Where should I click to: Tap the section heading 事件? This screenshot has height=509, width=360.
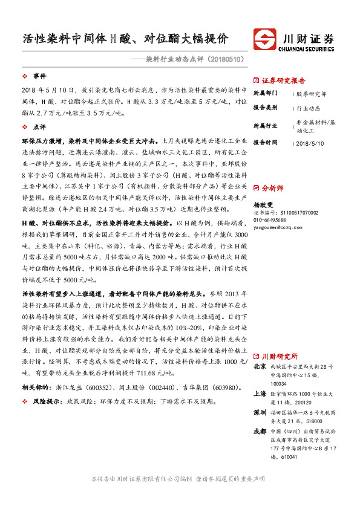click(x=40, y=76)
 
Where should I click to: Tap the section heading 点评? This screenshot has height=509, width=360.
click(x=40, y=128)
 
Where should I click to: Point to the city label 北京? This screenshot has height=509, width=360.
click(x=260, y=366)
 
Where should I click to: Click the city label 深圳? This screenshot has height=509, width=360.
click(x=260, y=412)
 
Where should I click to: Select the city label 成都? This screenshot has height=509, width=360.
click(x=260, y=431)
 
